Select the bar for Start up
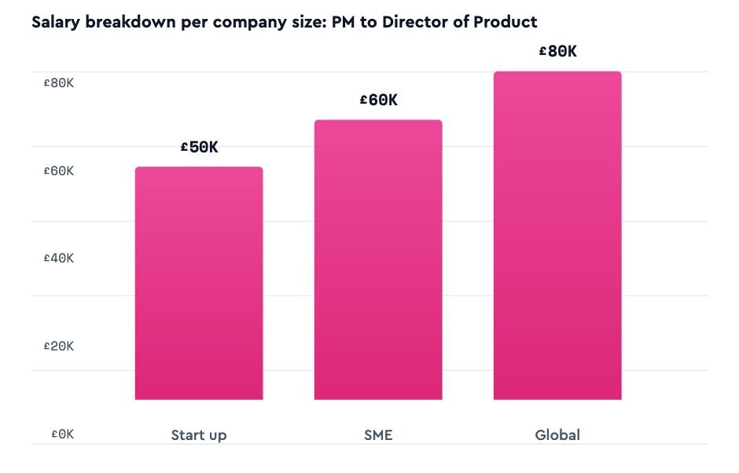(199, 283)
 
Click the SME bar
(378, 259)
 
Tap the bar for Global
(557, 236)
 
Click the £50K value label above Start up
(199, 147)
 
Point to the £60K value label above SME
(378, 100)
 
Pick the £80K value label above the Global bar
(557, 52)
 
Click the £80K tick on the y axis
(58, 82)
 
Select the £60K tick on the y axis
(58, 170)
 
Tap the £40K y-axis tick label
(58, 258)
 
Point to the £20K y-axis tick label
(58, 346)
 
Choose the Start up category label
(199, 434)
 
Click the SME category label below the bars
(378, 434)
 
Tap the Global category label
(557, 434)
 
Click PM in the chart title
(344, 21)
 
